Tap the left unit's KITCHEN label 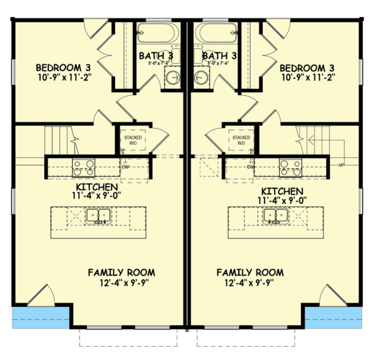pyautogui.click(x=95, y=189)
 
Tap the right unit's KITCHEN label pyautogui.click(x=282, y=191)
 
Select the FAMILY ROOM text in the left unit pyautogui.click(x=121, y=272)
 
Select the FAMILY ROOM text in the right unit pyautogui.click(x=250, y=272)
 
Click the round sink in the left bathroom pyautogui.click(x=172, y=79)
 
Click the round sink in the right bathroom pyautogui.click(x=201, y=79)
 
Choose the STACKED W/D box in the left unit pyautogui.click(x=133, y=139)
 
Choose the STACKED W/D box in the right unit pyautogui.click(x=240, y=139)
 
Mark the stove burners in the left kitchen pyautogui.click(x=83, y=167)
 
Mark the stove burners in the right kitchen pyautogui.click(x=290, y=167)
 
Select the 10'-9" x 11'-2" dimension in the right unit pyautogui.click(x=306, y=78)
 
